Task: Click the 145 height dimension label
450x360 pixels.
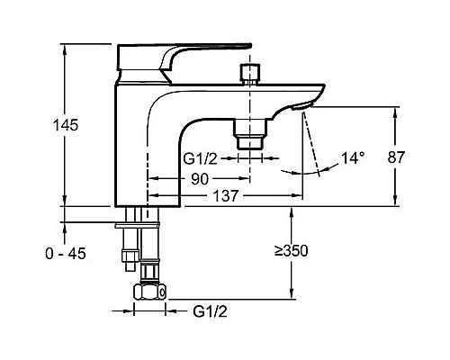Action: click(66, 125)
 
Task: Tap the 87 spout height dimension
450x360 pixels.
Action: click(396, 157)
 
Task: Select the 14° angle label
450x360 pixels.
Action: click(354, 158)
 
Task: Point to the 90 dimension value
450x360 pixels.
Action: click(200, 179)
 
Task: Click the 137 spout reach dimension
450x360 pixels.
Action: click(225, 196)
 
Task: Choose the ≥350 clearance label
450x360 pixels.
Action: click(292, 251)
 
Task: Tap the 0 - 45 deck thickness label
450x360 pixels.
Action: click(66, 254)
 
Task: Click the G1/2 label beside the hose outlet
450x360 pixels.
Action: click(200, 158)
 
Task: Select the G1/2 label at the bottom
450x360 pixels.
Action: click(210, 311)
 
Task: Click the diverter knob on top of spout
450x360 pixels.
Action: click(249, 75)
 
